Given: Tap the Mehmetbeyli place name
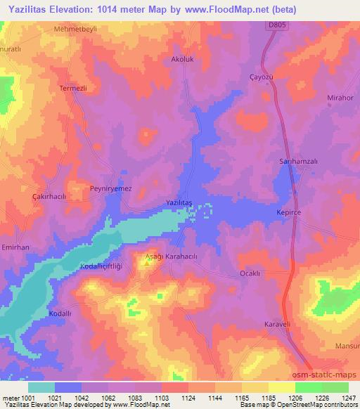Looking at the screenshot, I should pos(74,30).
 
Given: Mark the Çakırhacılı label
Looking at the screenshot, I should pos(49,197).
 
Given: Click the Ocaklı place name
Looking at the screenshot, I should pos(251,273).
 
